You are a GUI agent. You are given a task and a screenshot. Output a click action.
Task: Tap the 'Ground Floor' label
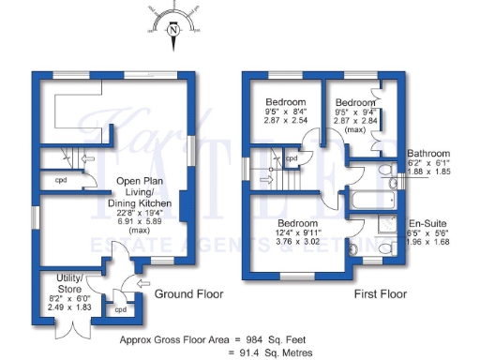[x=189, y=293]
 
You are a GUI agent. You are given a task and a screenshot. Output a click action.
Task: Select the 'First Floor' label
[x=381, y=293]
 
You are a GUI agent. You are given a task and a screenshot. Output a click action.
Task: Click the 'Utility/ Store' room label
[x=70, y=280]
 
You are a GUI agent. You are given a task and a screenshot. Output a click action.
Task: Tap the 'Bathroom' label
[x=428, y=154]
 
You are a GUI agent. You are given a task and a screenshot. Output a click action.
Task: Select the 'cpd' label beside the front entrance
[x=120, y=309]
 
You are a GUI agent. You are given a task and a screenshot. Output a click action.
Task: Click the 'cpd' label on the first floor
[x=292, y=159]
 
